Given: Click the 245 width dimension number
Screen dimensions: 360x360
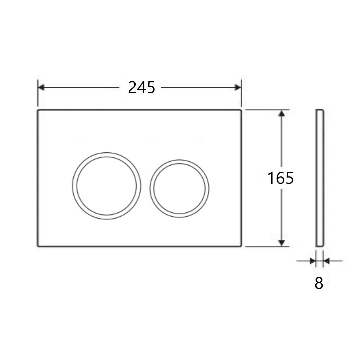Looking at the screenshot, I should [141, 87].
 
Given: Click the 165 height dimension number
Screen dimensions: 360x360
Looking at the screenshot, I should [280, 178].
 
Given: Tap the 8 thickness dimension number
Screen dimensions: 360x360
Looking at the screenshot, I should [319, 284].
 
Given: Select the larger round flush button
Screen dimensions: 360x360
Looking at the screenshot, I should [106, 185].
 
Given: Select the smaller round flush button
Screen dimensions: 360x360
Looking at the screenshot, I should [180, 188].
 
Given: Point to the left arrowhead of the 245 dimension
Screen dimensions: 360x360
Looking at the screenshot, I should [41, 87].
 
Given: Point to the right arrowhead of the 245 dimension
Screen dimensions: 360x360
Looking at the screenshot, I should [238, 87].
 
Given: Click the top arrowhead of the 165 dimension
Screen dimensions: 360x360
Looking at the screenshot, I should [282, 113].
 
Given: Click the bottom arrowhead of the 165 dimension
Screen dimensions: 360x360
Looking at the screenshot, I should [282, 243].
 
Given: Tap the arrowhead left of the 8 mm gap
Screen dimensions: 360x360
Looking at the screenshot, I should [312, 261].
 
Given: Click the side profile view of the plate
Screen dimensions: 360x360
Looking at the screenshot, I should [320, 178].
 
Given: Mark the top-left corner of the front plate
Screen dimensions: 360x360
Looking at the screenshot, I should [38, 110].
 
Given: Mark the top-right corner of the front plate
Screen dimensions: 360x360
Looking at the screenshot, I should [240, 110].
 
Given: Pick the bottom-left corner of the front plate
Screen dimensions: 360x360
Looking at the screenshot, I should [38, 246].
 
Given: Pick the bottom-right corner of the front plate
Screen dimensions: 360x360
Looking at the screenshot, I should [240, 246].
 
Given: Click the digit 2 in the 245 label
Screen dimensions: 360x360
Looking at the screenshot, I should [132, 87].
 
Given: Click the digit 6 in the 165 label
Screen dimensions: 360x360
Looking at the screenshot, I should [280, 178].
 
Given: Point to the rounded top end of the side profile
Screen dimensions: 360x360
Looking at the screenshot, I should [320, 110].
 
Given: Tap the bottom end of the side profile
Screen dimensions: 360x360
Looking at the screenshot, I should [320, 246].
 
